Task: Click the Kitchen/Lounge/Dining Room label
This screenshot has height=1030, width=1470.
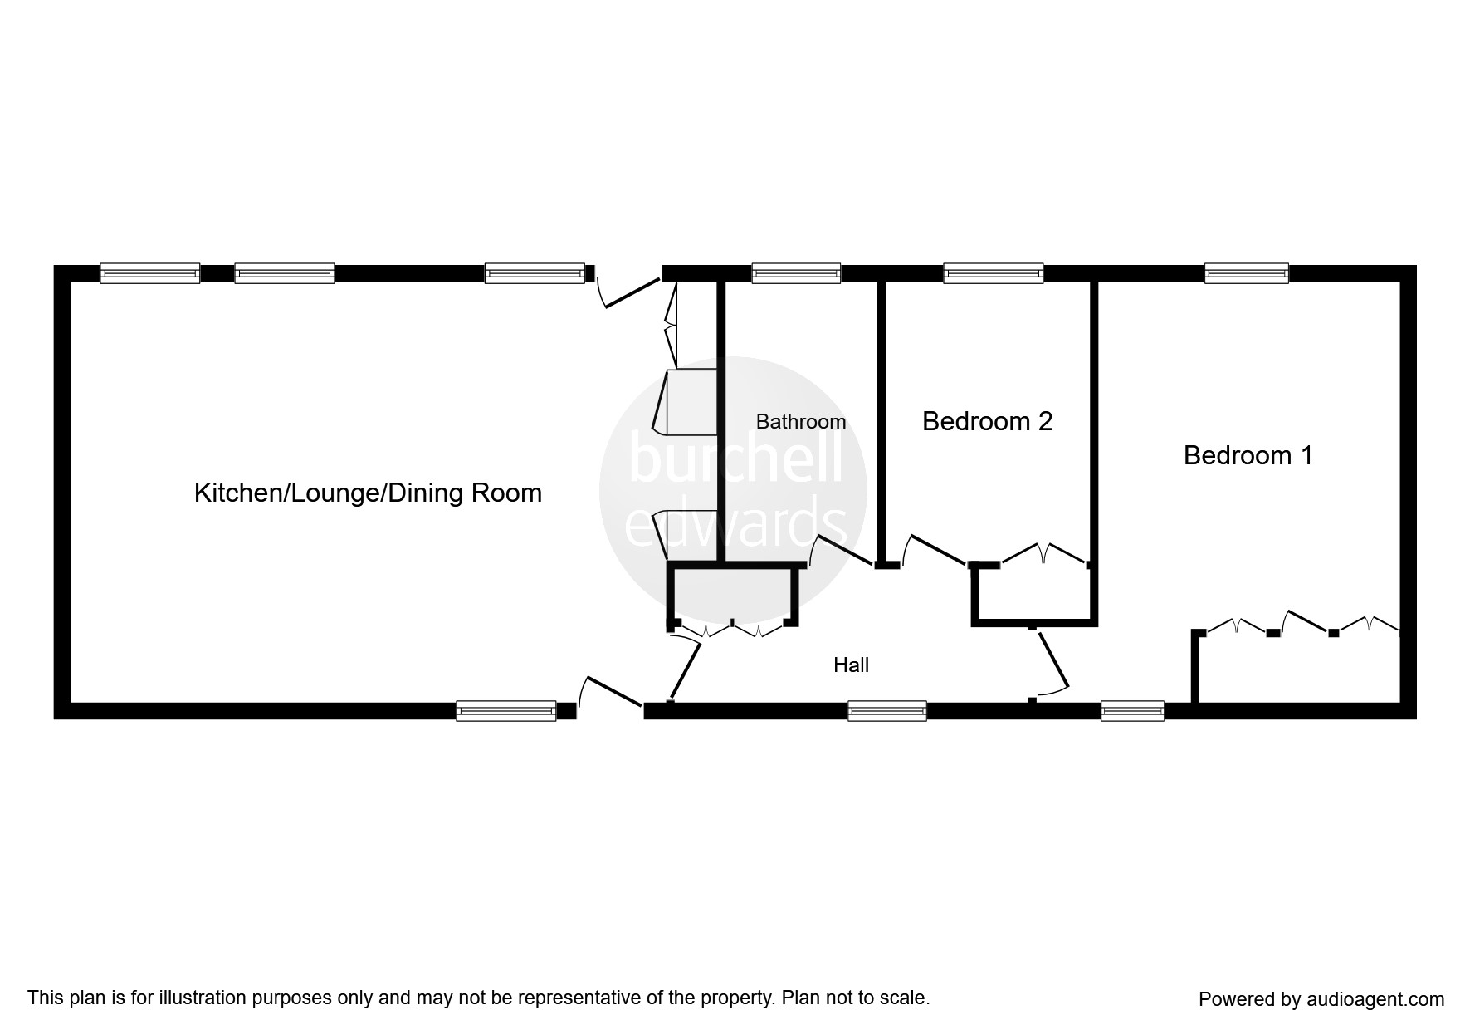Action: [368, 493]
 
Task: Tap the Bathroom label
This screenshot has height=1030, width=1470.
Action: [800, 421]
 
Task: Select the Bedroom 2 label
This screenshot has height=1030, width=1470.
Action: [987, 421]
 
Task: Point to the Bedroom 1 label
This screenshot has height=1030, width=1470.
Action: [1248, 455]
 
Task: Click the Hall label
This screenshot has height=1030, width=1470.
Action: [851, 665]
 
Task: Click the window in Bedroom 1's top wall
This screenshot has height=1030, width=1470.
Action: [1246, 273]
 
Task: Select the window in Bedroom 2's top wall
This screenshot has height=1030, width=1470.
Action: [993, 273]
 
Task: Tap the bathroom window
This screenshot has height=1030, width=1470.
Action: [795, 273]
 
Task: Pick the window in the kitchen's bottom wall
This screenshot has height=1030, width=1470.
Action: [505, 711]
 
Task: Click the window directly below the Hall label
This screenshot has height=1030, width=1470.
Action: [886, 711]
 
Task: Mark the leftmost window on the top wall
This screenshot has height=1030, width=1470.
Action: [149, 273]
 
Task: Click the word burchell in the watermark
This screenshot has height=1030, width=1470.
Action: [735, 459]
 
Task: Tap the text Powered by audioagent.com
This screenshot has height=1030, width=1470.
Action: [1321, 999]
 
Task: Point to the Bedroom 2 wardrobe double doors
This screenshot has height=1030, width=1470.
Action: [1044, 555]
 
